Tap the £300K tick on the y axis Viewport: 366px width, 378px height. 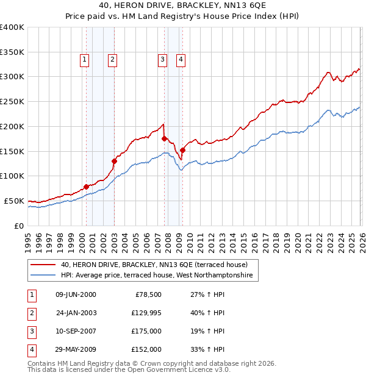click(12, 77)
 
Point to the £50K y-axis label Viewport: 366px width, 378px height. click(14, 201)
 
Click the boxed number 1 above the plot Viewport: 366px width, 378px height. click(84, 59)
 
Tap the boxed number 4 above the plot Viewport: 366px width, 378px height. click(182, 59)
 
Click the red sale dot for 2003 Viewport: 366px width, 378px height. click(114, 161)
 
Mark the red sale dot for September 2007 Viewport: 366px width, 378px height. click(164, 139)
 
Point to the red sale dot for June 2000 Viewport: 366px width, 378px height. click(86, 187)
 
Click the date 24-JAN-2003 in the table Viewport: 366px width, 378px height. click(76, 313)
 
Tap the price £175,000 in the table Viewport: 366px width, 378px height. click(146, 331)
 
